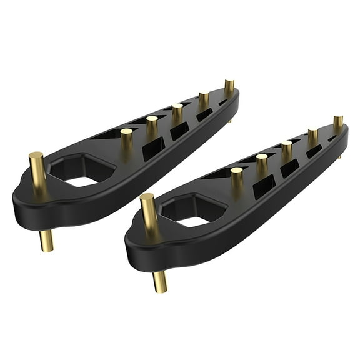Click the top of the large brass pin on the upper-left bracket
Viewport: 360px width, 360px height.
(x=36, y=156)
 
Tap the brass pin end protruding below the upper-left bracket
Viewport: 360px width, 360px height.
(x=47, y=241)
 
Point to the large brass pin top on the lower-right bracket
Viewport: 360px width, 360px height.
(x=147, y=199)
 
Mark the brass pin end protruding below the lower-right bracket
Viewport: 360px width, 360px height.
(x=160, y=282)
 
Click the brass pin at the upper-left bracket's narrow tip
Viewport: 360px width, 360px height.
(x=229, y=84)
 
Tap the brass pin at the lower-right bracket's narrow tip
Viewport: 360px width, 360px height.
(x=338, y=121)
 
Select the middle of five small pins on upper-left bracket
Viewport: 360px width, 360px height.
(x=177, y=109)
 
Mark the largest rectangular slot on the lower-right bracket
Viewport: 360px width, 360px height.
(x=264, y=186)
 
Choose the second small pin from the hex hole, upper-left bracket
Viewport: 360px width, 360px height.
(x=152, y=121)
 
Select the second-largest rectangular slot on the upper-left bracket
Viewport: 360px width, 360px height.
(x=180, y=130)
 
